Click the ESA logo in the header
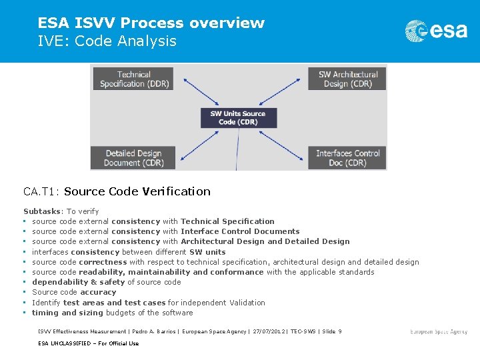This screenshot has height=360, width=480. coord(437,31)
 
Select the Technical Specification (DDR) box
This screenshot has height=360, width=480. coord(134,79)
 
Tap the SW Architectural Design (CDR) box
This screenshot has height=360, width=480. coord(348,79)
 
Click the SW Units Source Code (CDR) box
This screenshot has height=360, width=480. coord(239,118)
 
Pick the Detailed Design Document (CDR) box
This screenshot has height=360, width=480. coord(134,158)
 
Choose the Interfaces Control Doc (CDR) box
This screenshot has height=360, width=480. coord(348,158)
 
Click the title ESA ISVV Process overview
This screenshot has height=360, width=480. coord(151,23)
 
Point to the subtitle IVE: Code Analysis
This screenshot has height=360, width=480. coord(107,41)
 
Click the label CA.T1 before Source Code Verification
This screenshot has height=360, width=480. coord(41,191)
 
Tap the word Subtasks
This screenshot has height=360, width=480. coord(41,211)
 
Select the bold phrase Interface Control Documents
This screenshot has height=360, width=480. coord(240,231)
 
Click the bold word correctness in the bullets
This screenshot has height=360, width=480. coord(103,262)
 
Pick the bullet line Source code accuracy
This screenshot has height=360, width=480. coord(74,292)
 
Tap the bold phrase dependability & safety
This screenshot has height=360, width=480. coord(74,282)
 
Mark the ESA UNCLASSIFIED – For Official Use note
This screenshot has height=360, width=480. coord(88,343)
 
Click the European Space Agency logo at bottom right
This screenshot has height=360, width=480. coord(439,331)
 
